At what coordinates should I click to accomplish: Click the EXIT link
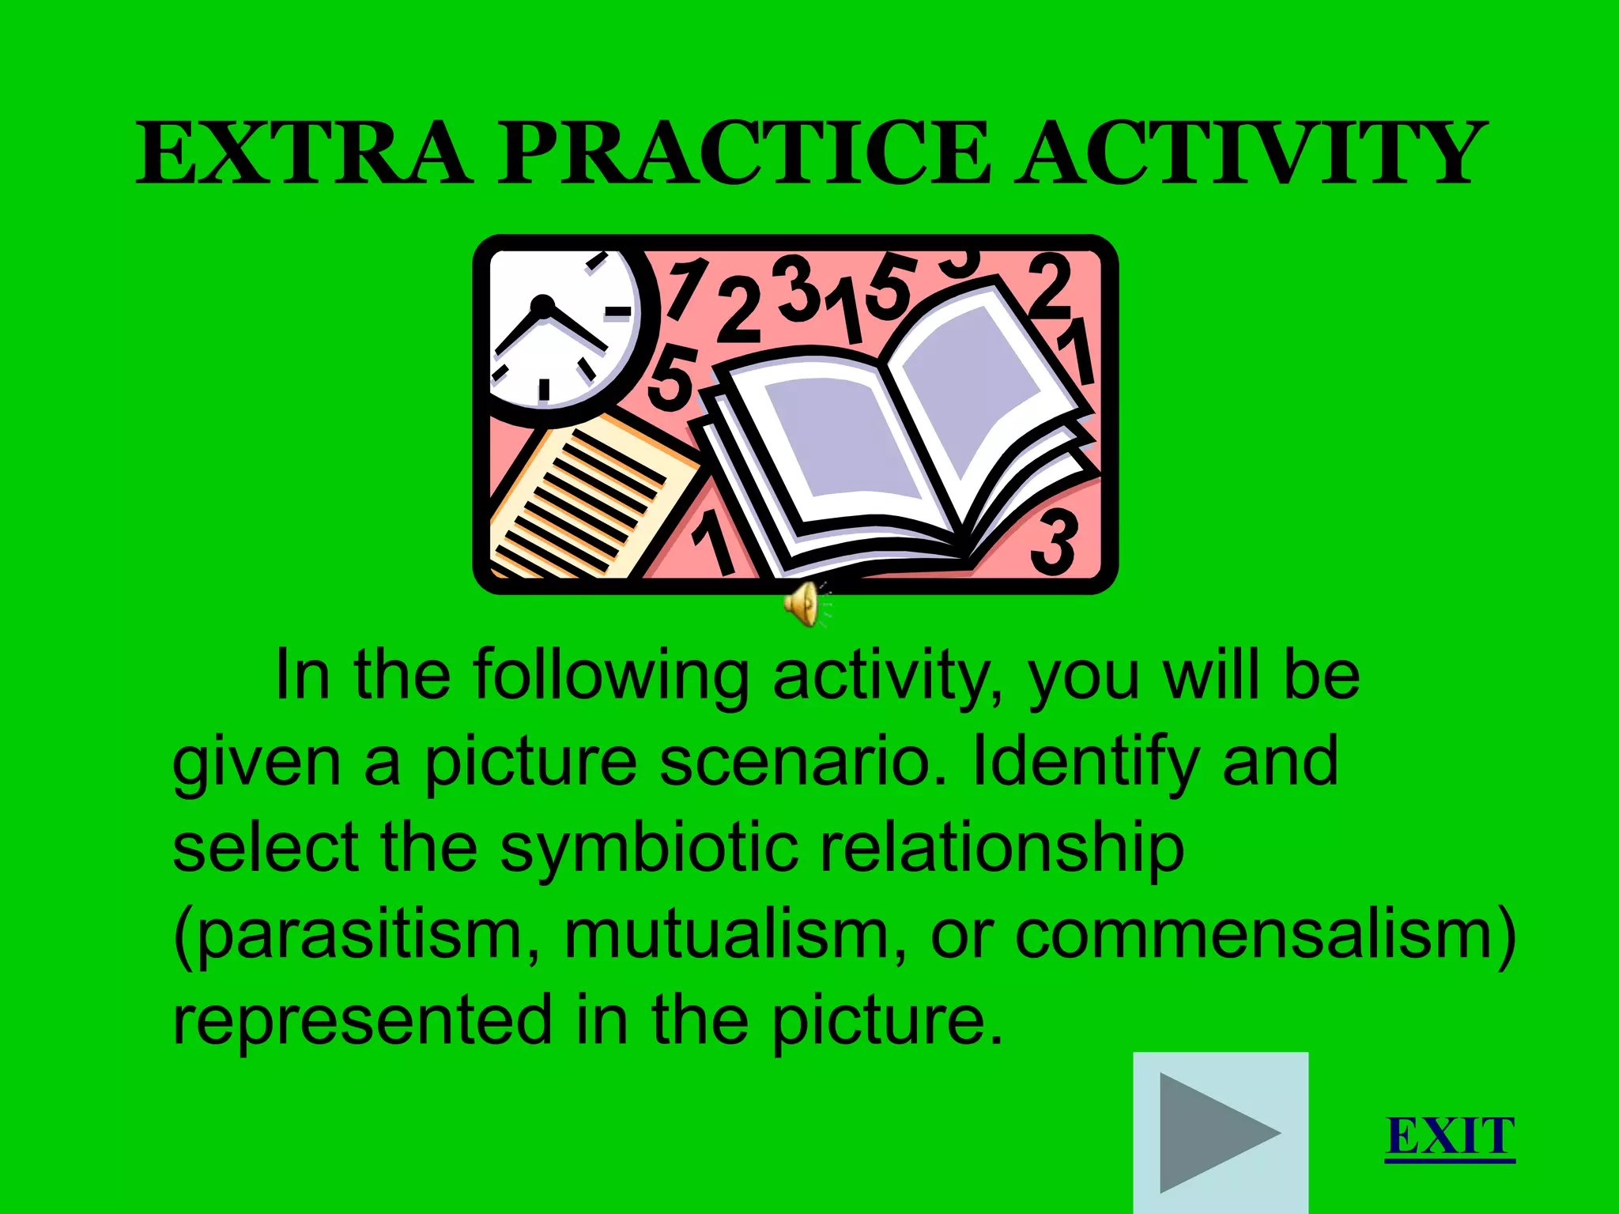pos(1449,1137)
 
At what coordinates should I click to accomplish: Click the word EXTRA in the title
pos(304,153)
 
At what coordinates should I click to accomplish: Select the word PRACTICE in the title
pos(743,153)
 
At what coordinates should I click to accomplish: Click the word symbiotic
pos(648,848)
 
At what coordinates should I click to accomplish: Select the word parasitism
pos(356,935)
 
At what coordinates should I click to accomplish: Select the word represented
pos(362,1021)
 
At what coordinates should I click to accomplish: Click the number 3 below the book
pos(1055,541)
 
